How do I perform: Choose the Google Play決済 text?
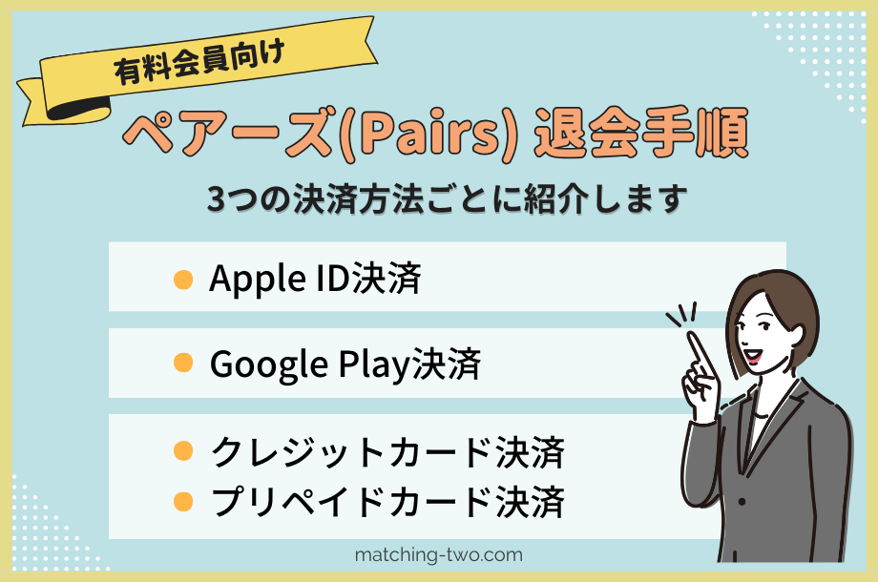(x=344, y=364)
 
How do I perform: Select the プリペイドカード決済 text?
(x=387, y=499)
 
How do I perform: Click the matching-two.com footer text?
(x=438, y=554)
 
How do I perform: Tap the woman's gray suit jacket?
(x=802, y=477)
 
